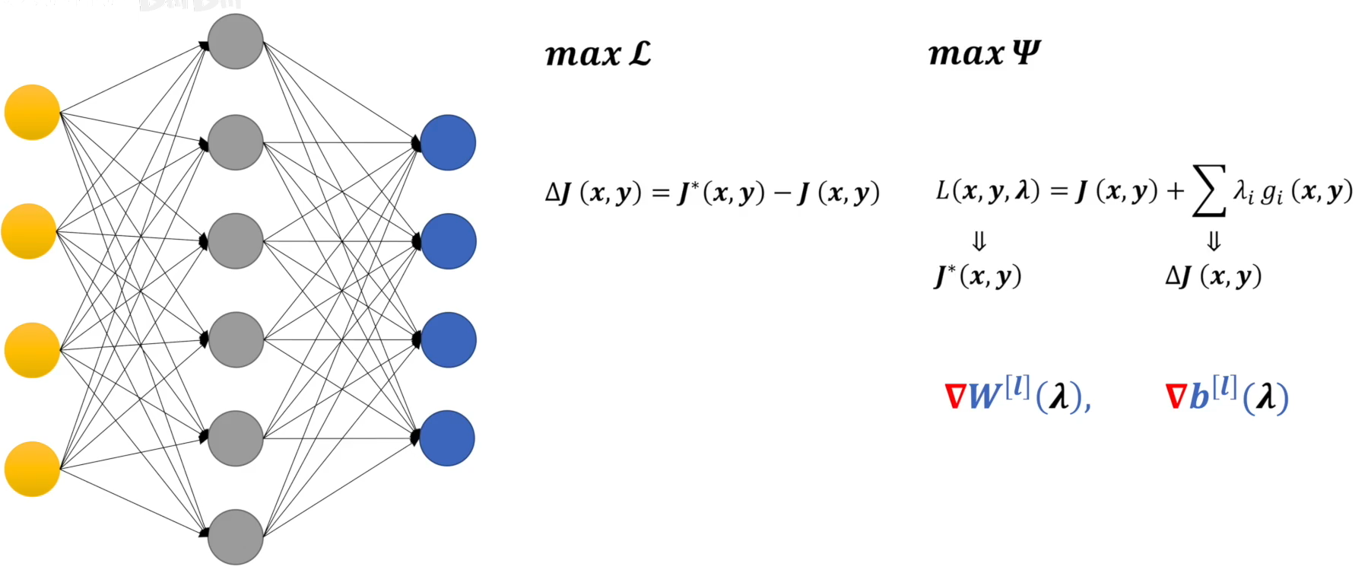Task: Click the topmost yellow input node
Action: (32, 113)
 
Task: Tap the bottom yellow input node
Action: (32, 469)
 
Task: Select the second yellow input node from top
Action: (29, 231)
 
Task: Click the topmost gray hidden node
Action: (236, 41)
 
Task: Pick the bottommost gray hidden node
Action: (236, 537)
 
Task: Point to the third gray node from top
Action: (236, 240)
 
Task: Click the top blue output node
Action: (448, 142)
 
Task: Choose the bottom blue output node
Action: (447, 438)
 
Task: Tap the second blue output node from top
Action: (449, 241)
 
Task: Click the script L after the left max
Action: (640, 54)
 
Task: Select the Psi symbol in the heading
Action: (1026, 53)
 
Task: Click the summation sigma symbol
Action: (1209, 191)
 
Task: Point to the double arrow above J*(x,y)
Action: (979, 242)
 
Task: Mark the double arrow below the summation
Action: (1214, 242)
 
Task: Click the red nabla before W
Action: (954, 397)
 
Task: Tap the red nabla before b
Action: (1176, 397)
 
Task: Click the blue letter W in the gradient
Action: (985, 397)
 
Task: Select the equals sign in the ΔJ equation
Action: (662, 193)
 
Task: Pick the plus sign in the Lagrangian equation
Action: (1175, 191)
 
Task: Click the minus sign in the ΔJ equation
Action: (782, 193)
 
